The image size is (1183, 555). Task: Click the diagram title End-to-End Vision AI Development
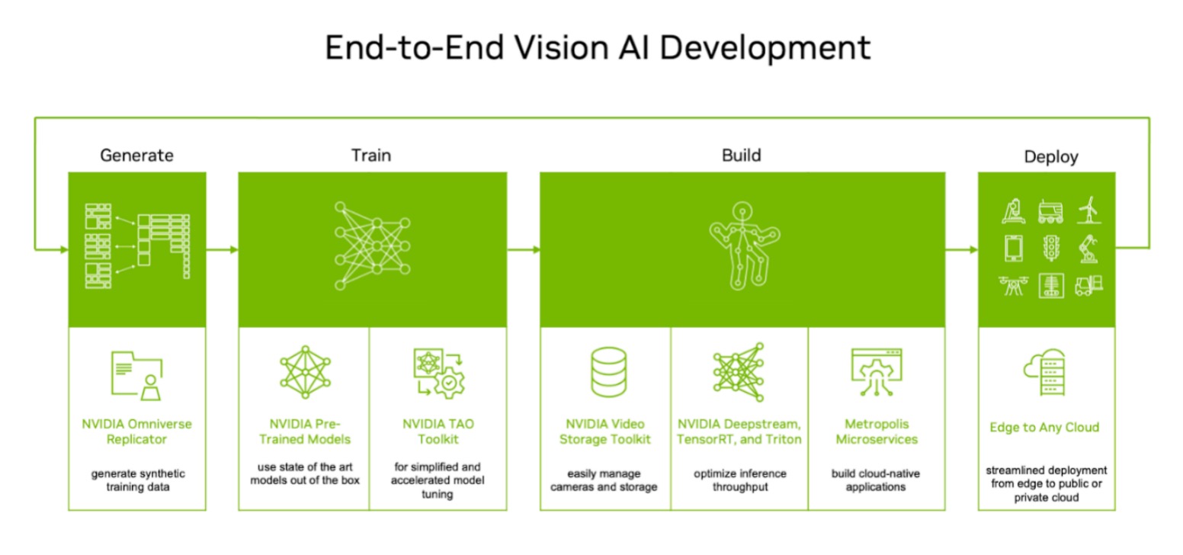click(x=598, y=48)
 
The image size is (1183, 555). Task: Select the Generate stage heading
click(x=136, y=156)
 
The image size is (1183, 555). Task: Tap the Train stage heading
click(x=371, y=156)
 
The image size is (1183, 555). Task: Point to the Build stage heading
click(x=742, y=156)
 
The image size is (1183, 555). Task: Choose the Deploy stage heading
click(x=1051, y=157)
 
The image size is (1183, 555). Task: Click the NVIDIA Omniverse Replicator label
click(x=136, y=431)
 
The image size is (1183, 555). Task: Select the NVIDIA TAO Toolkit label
click(x=438, y=431)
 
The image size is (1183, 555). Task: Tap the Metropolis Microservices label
click(x=877, y=431)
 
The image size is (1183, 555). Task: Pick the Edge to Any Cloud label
click(x=1044, y=427)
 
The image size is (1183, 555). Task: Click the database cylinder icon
click(x=609, y=372)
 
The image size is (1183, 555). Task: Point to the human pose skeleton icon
click(x=745, y=245)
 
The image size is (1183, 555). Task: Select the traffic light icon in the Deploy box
click(x=1051, y=248)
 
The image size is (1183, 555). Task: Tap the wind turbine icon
click(x=1088, y=210)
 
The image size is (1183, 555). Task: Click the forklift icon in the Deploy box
click(x=1089, y=286)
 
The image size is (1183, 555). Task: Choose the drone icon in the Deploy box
click(x=1014, y=286)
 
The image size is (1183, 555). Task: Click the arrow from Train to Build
click(x=524, y=250)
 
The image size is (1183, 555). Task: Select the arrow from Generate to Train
click(x=223, y=250)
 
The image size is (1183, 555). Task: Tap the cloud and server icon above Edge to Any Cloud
click(x=1044, y=372)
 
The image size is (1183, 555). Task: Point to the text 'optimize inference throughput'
click(x=740, y=480)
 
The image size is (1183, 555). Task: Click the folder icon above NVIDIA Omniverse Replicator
click(x=136, y=376)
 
